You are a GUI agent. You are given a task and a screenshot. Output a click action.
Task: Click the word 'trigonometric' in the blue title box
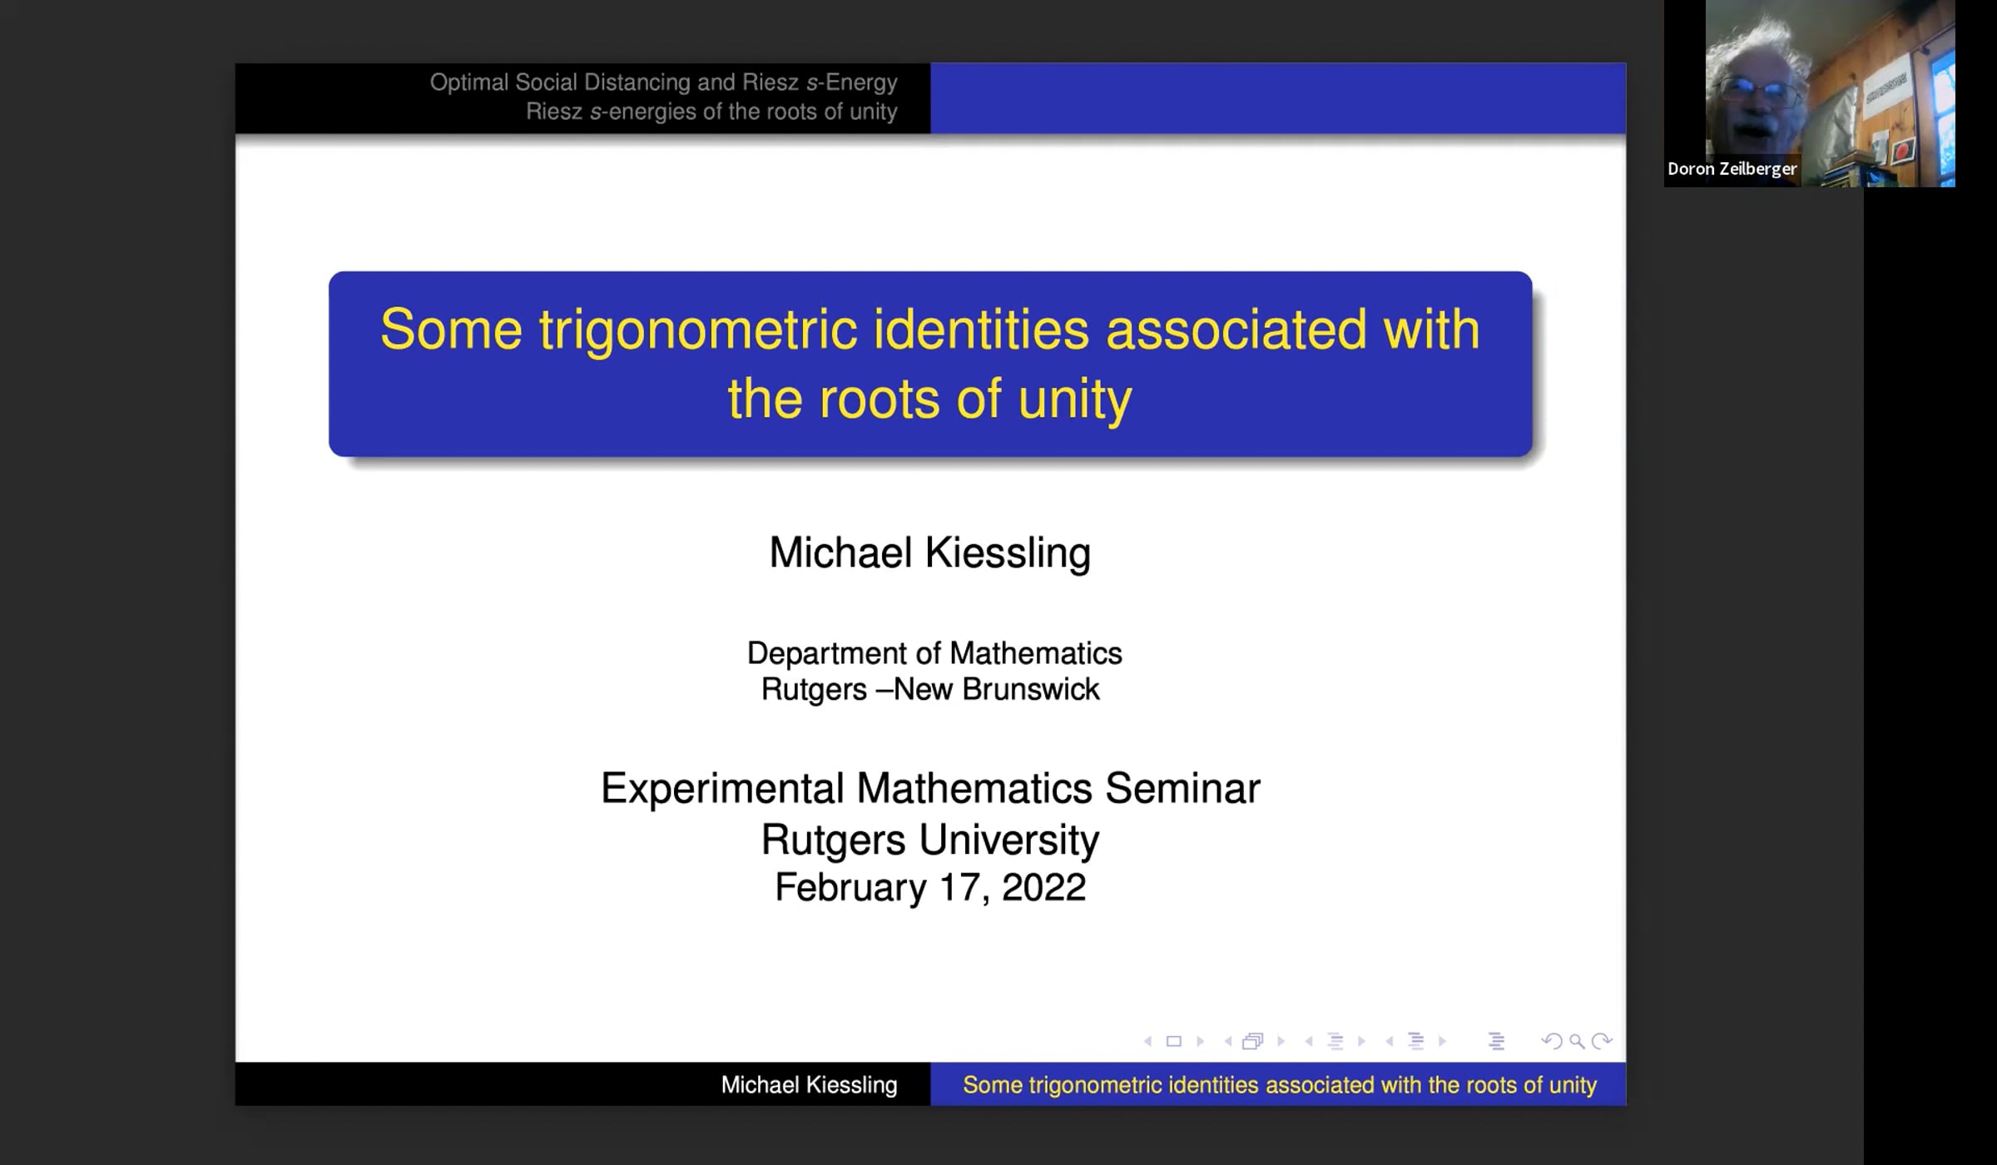697,330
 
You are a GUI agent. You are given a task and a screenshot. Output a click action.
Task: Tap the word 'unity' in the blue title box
1075,400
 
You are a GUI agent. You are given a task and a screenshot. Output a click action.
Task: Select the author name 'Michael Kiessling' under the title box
929,553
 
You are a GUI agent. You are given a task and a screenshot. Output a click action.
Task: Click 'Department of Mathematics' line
934,653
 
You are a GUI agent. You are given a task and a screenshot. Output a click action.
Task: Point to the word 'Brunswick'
1031,689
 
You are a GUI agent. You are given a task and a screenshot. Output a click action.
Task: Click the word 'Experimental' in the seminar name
722,788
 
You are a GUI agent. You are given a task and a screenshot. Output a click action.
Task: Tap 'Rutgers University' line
930,839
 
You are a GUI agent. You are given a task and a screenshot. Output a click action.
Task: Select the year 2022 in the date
1043,887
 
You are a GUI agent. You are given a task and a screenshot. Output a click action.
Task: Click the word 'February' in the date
850,888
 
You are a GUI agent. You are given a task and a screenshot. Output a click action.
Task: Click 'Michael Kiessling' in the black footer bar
809,1085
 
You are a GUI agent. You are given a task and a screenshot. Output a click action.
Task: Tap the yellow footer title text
1280,1085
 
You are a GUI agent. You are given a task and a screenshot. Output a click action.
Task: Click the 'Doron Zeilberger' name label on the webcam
1732,169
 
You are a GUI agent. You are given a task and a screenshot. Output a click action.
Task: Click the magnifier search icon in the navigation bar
1577,1041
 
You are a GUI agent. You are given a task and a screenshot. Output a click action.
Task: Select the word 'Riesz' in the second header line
553,112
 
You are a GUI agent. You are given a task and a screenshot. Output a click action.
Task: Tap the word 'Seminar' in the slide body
1182,788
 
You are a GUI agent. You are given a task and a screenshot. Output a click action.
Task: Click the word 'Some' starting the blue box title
451,330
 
